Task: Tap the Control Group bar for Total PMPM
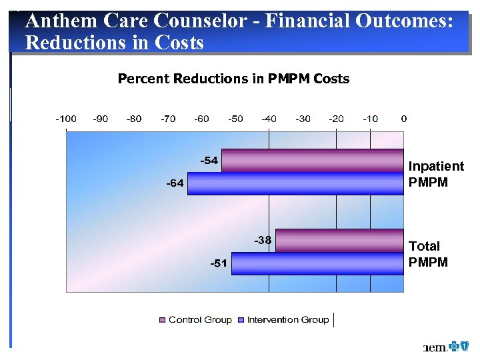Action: tap(339, 241)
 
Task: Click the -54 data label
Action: tap(209, 161)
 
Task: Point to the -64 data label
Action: tap(175, 183)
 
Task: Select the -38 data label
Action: tap(262, 240)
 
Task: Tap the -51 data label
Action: tap(219, 263)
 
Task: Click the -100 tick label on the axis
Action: tap(65, 119)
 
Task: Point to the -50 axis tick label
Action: tap(235, 119)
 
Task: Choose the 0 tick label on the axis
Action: tap(403, 119)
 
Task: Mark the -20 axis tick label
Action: tap(336, 119)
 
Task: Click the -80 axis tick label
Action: tap(134, 119)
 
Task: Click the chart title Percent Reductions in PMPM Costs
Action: tap(233, 79)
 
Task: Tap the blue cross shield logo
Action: tap(459, 347)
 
